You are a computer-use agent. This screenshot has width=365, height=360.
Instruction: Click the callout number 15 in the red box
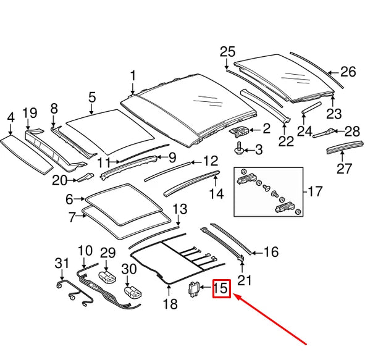coord(220,288)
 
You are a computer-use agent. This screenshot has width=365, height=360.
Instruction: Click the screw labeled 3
coord(238,148)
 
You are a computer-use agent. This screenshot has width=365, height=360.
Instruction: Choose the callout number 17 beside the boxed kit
coord(315,191)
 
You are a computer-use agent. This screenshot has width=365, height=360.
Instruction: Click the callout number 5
coord(92,98)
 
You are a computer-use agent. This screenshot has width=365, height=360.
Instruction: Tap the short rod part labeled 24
coord(311,107)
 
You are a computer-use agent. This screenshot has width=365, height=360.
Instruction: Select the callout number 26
coord(348,72)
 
